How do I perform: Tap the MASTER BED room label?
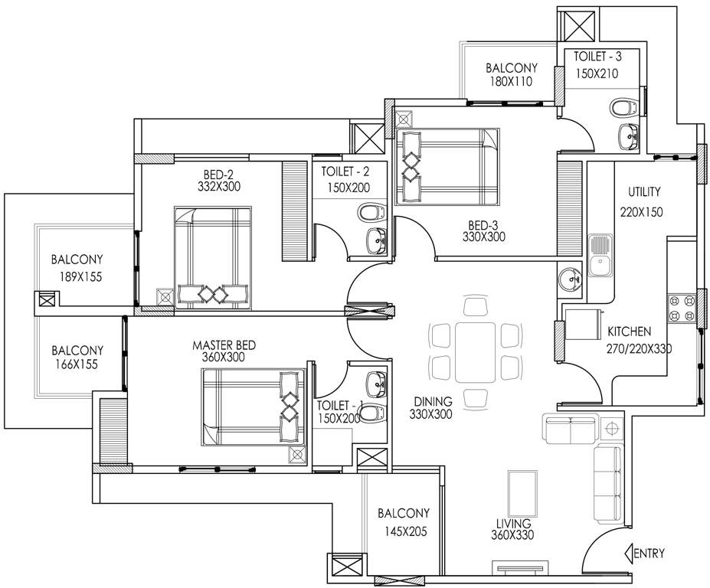point(224,345)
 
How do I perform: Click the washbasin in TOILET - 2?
point(377,240)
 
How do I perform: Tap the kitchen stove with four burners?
point(679,306)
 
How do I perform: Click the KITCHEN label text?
point(629,332)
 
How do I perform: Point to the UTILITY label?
point(644,192)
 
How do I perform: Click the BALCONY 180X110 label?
point(511,74)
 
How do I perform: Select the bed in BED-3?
point(448,166)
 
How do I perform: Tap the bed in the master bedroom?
point(253,407)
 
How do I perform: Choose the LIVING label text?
point(512,524)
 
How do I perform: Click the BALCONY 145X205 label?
point(403,521)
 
